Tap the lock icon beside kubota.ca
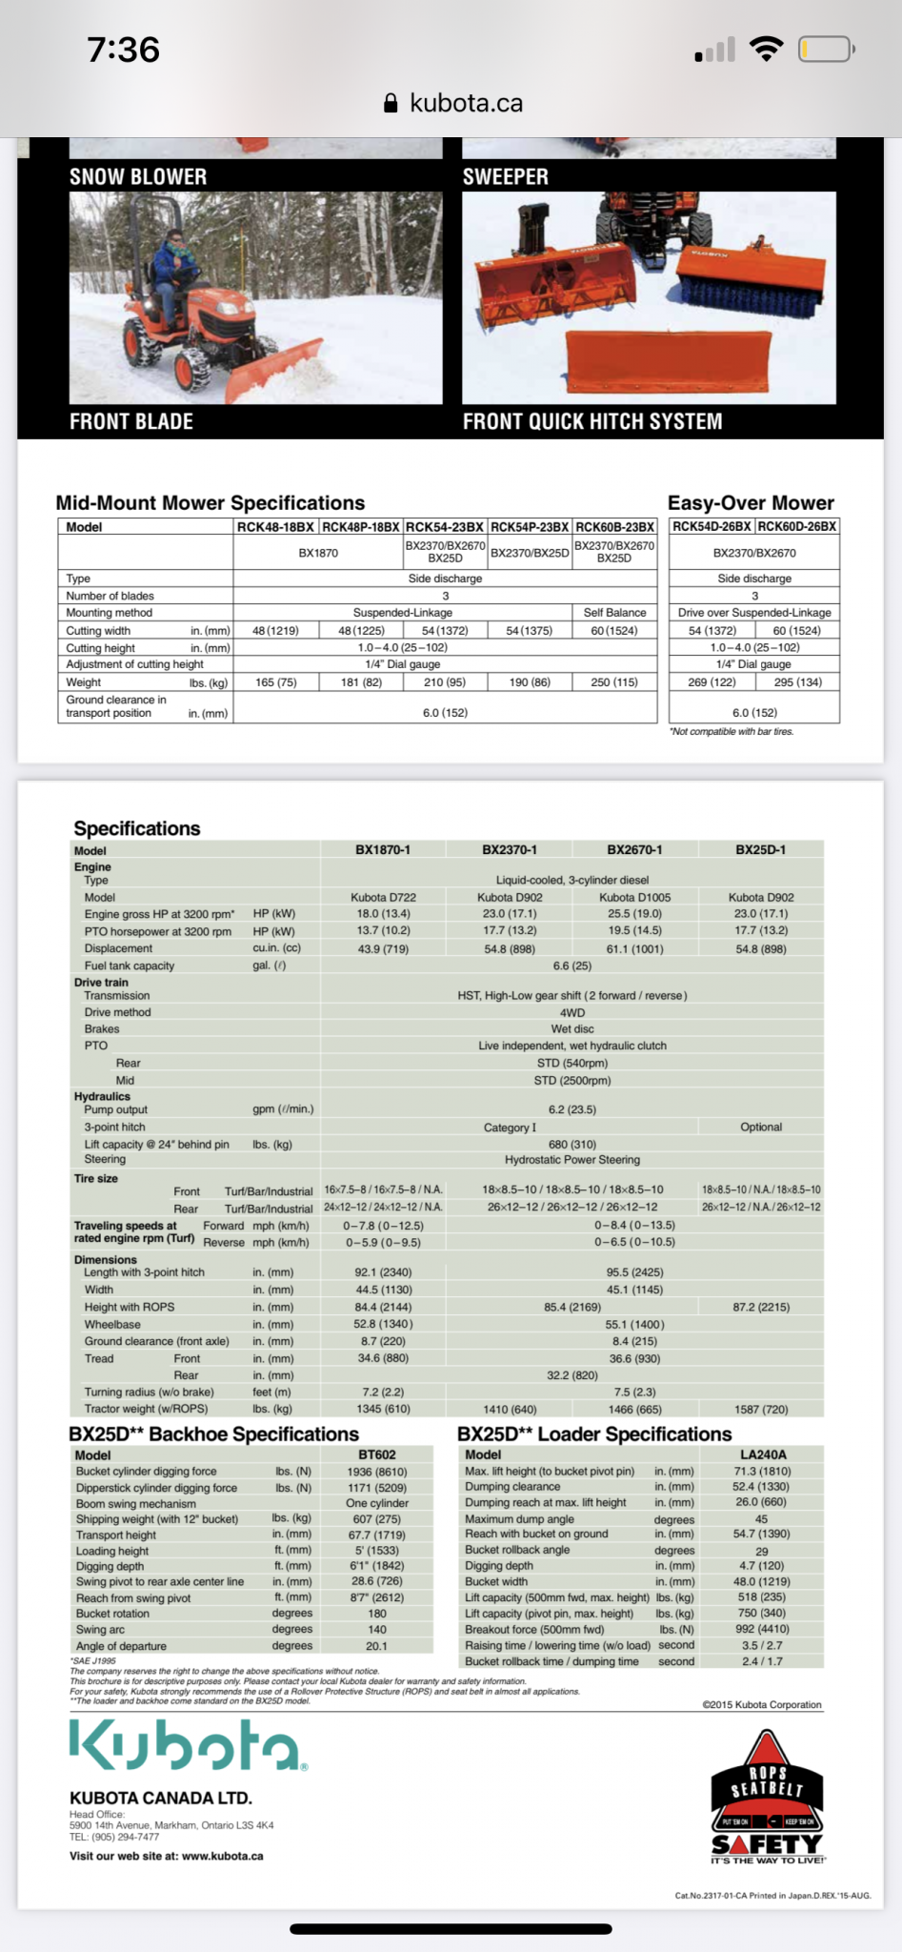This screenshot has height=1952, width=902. tap(391, 104)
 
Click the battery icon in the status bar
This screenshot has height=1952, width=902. tap(826, 49)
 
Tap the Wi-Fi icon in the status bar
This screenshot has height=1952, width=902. tap(766, 49)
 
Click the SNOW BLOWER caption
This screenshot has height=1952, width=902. tap(138, 176)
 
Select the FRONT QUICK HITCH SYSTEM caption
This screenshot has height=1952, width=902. tap(592, 421)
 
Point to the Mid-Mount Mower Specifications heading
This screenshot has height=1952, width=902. tap(210, 502)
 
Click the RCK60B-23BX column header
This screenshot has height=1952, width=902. tap(614, 527)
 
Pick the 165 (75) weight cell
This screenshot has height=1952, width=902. tap(276, 682)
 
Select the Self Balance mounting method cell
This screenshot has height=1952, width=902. tap(614, 613)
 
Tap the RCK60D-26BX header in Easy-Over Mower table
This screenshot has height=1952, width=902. tap(797, 526)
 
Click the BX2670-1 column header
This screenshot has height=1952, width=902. tap(634, 849)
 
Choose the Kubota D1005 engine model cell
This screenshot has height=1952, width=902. tap(634, 897)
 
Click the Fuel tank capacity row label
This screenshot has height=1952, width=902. tap(130, 966)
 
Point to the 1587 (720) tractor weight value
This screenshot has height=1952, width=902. tap(761, 1409)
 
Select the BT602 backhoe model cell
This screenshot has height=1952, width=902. tap(377, 1454)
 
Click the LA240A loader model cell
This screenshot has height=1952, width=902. tap(763, 1454)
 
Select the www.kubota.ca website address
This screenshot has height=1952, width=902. tap(222, 1856)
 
